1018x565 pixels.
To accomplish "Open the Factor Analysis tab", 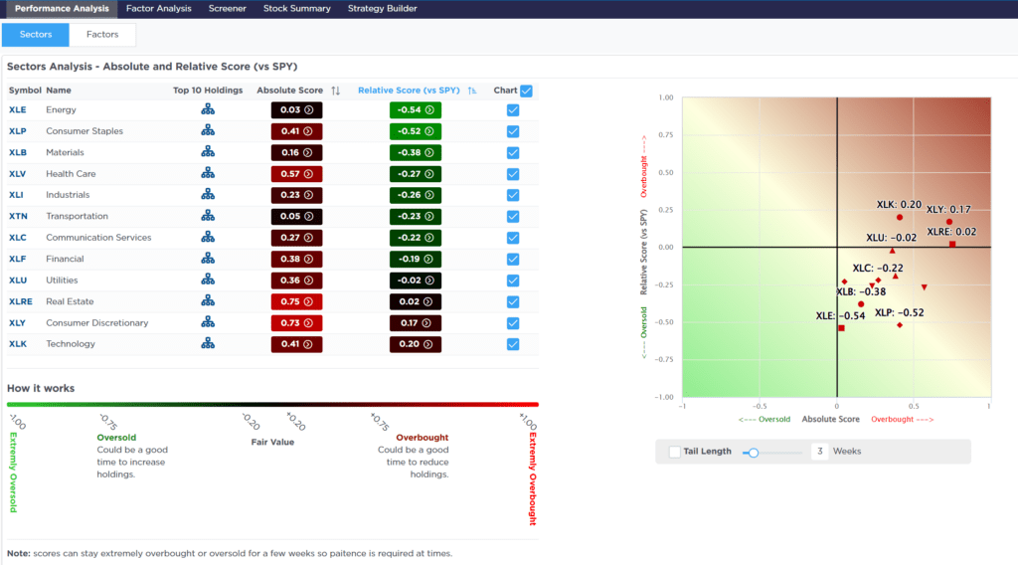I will pos(159,9).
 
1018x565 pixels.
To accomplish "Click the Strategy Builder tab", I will pos(382,9).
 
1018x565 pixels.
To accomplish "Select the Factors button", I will pos(102,35).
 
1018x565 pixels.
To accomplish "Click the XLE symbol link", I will pos(18,110).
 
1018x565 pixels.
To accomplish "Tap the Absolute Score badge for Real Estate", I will pos(296,301).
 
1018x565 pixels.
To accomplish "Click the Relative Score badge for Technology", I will pos(416,344).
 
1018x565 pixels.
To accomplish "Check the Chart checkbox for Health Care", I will pos(513,174).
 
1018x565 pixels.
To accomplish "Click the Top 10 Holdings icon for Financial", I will pos(208,259).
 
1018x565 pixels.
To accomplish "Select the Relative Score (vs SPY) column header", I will pos(411,91).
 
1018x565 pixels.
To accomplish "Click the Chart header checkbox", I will pos(526,91).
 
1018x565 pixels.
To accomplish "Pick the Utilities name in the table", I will pos(63,281).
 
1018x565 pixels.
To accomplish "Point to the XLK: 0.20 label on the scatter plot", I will pos(899,204).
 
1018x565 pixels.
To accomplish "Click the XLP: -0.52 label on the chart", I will pos(901,313).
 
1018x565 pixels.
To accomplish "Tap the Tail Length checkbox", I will pos(675,452).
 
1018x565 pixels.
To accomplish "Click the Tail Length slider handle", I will pos(754,452).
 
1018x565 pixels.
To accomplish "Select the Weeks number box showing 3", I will pos(820,452).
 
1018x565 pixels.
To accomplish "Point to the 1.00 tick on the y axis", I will pos(665,97).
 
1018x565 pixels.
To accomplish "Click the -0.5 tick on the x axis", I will pos(760,406).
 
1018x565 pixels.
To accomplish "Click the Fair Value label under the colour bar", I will pos(271,442).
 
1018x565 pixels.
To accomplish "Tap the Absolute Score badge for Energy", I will pos(296,110).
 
